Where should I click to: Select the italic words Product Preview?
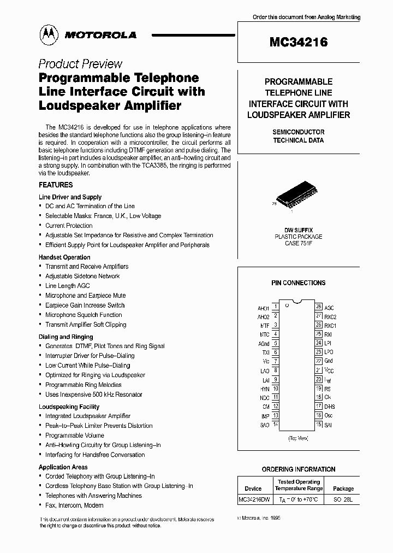coord(80,64)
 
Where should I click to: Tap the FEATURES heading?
coord(56,185)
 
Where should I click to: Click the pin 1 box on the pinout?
coord(276,308)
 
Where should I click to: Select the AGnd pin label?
coord(264,344)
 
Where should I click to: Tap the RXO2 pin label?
coord(330,317)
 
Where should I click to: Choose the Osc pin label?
coord(329,415)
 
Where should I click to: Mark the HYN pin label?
coord(265,389)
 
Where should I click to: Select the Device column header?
coord(253,489)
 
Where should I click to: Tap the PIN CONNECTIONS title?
coord(298,283)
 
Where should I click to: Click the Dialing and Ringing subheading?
coord(66,337)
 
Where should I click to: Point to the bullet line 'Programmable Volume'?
coord(75,436)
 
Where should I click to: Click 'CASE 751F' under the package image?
coord(298,243)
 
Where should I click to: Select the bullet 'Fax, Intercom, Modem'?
coord(74,505)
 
